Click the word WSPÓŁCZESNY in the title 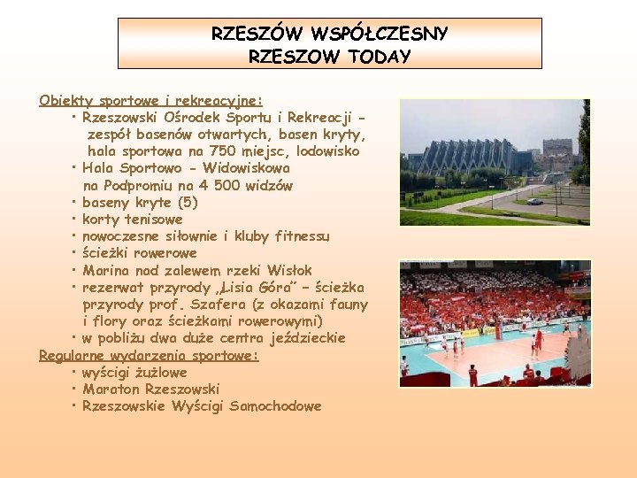(380, 35)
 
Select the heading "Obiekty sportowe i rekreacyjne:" (150, 100)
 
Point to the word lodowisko (324, 151)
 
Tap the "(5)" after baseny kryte (188, 202)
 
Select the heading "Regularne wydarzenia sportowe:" (149, 355)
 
